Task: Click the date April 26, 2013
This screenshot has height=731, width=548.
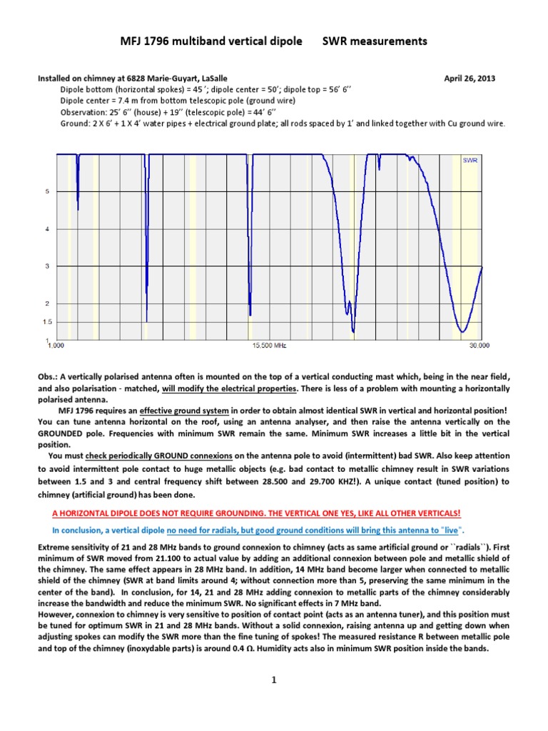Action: (470, 78)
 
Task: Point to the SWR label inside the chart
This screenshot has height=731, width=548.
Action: (470, 161)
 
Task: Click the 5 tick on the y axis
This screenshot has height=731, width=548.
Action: (48, 191)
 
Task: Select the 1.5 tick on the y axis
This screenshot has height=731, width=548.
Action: (46, 322)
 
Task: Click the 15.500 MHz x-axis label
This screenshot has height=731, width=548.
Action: (269, 346)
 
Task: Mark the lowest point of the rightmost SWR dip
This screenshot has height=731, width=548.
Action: (462, 332)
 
